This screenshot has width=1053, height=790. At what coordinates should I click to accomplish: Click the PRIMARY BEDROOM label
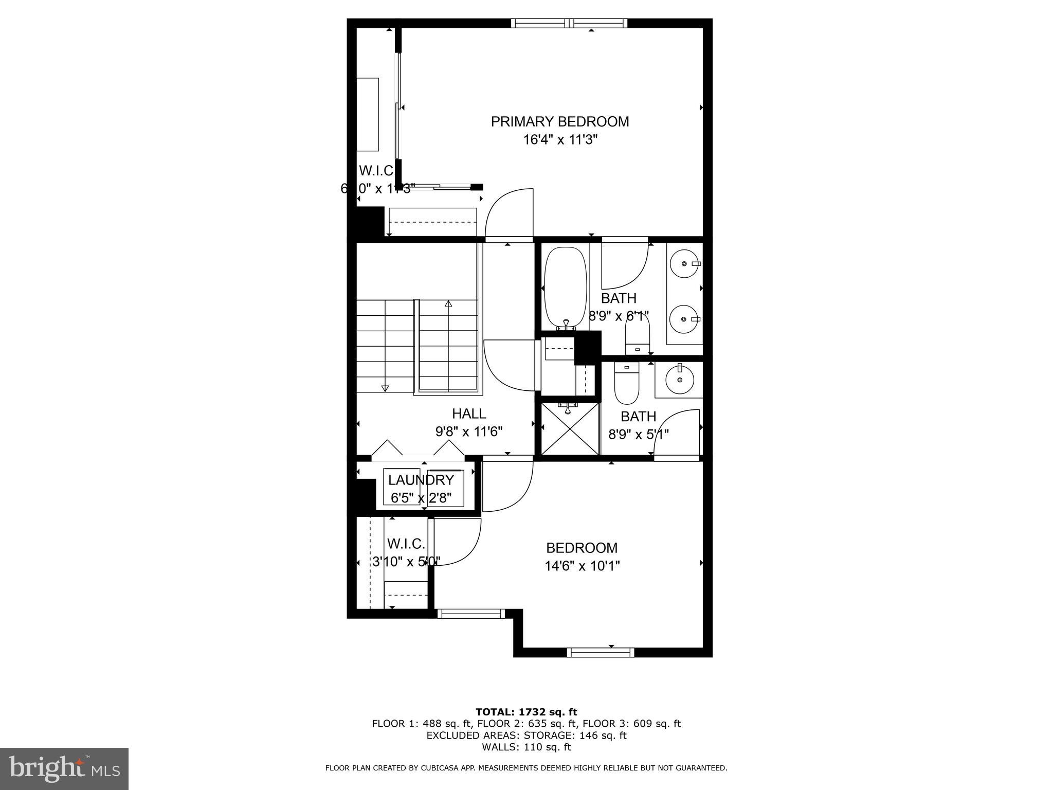point(559,121)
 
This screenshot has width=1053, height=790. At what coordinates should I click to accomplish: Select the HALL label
point(468,413)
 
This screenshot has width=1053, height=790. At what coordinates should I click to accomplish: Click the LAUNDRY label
point(421,480)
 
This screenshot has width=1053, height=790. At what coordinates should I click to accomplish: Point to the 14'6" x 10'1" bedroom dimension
point(582,566)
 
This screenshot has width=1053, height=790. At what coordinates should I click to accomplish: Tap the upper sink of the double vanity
point(685,263)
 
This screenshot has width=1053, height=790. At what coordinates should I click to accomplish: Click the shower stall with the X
point(570,429)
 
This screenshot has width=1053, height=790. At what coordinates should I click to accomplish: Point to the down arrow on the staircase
point(385,388)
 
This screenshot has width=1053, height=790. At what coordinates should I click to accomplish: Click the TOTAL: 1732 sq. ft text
point(526,712)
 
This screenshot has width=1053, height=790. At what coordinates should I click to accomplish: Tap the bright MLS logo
point(64,768)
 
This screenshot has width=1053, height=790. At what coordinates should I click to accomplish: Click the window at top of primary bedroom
point(569,23)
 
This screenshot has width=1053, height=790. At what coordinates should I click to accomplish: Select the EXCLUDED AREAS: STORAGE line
point(526,735)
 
